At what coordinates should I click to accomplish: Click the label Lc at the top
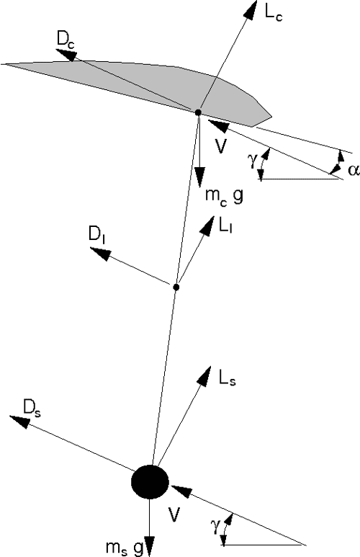click(273, 14)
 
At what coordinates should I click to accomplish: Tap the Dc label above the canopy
click(66, 39)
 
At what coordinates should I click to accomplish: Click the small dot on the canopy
click(198, 112)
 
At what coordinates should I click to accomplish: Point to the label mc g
click(225, 195)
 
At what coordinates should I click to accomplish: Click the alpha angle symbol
click(354, 170)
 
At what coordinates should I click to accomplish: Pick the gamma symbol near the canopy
click(253, 161)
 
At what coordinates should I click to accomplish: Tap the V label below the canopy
click(220, 146)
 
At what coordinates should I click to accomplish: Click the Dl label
click(96, 234)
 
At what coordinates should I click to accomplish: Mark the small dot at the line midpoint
click(176, 287)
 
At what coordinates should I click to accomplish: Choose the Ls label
click(228, 379)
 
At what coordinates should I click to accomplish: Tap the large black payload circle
click(150, 481)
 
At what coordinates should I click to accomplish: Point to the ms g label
click(124, 549)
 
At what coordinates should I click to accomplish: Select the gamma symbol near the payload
click(214, 525)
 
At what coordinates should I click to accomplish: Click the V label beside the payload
click(174, 514)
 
